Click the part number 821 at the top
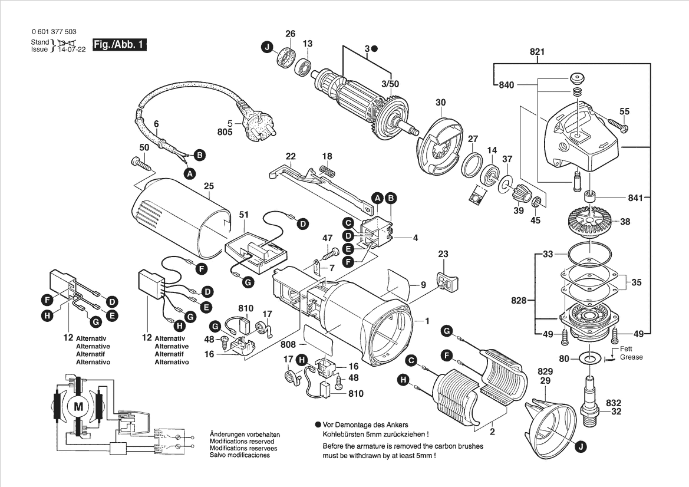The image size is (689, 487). [537, 52]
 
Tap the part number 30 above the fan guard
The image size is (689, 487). [441, 103]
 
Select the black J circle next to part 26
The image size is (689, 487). [267, 47]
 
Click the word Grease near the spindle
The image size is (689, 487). [631, 357]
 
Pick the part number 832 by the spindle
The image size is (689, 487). [614, 403]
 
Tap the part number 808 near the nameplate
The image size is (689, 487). [288, 343]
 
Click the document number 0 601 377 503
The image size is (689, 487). [53, 32]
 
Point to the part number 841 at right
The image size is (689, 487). [635, 198]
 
